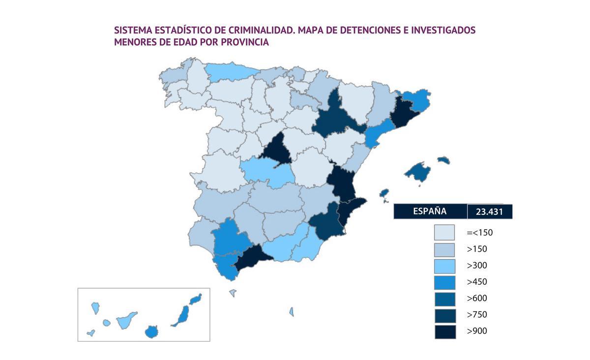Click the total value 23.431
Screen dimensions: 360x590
click(x=490, y=212)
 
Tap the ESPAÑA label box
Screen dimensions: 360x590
click(x=430, y=211)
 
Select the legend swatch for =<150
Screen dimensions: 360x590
click(x=444, y=233)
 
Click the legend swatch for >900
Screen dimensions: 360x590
click(x=444, y=331)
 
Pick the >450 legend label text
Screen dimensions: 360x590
click(x=477, y=282)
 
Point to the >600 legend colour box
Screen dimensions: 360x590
click(x=444, y=299)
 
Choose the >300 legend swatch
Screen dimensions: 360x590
click(x=444, y=266)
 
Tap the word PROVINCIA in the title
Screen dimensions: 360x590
click(x=244, y=42)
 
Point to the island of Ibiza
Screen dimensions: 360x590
click(x=384, y=192)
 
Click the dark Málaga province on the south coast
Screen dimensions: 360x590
click(x=252, y=256)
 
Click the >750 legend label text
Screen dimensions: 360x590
click(x=477, y=315)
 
